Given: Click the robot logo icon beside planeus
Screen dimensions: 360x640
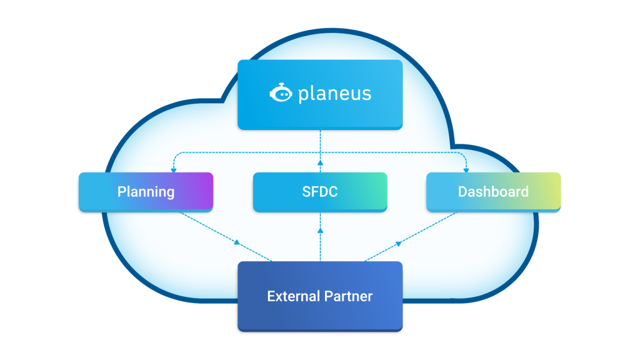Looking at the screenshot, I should pos(281,94).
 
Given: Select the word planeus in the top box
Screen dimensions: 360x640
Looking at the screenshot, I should pos(334,94).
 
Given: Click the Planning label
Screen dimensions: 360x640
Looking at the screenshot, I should pos(146,191).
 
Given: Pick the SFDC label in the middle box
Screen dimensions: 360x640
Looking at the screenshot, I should pos(320,191).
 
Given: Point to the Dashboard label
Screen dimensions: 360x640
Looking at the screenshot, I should pos(493,191).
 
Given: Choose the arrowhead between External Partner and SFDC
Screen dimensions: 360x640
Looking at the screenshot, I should pos(320,231).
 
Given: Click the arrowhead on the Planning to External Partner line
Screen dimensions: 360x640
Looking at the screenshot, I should pos(238,242).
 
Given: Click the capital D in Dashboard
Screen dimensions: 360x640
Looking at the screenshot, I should pos(463,191).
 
